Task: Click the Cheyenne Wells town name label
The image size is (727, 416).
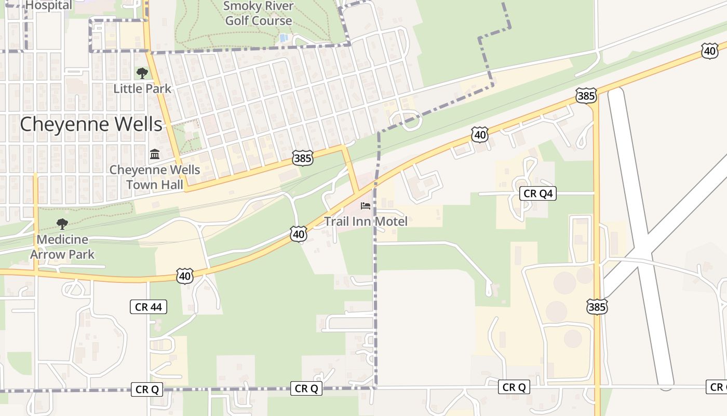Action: point(91,124)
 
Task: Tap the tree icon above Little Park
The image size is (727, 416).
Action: point(142,73)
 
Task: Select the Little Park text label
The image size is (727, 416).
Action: point(142,88)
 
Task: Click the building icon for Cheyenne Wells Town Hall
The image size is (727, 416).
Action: point(154,154)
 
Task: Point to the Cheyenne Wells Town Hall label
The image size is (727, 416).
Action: point(155,177)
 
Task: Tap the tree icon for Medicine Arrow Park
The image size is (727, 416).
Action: point(62,224)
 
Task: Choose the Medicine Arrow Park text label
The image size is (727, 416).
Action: point(62,247)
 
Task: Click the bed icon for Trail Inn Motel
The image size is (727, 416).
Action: point(366,206)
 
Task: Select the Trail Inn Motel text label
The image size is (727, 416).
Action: point(366,221)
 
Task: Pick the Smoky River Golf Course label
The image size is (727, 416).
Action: point(259,14)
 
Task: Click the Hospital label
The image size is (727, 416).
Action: point(49,5)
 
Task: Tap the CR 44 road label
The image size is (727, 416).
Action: point(149,307)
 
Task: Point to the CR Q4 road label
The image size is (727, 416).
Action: point(538,194)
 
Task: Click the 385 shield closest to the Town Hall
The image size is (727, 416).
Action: point(303,158)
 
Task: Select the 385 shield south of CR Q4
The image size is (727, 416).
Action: point(597,307)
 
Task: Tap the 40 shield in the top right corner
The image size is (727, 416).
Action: point(709,50)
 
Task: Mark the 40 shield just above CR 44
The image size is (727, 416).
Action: point(185,276)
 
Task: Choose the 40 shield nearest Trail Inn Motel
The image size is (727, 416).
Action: point(298,235)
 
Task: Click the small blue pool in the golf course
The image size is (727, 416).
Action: point(283,38)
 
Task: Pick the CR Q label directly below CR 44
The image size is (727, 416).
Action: point(147,389)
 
